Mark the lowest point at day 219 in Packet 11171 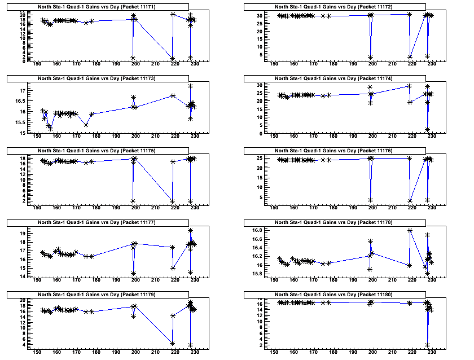coord(172,59)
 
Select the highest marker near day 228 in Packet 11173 coord(191,86)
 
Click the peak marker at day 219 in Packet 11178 coord(410,230)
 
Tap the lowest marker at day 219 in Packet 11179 coord(172,343)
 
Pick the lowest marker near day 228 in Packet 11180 coord(427,345)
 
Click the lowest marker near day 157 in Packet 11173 coord(50,128)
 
